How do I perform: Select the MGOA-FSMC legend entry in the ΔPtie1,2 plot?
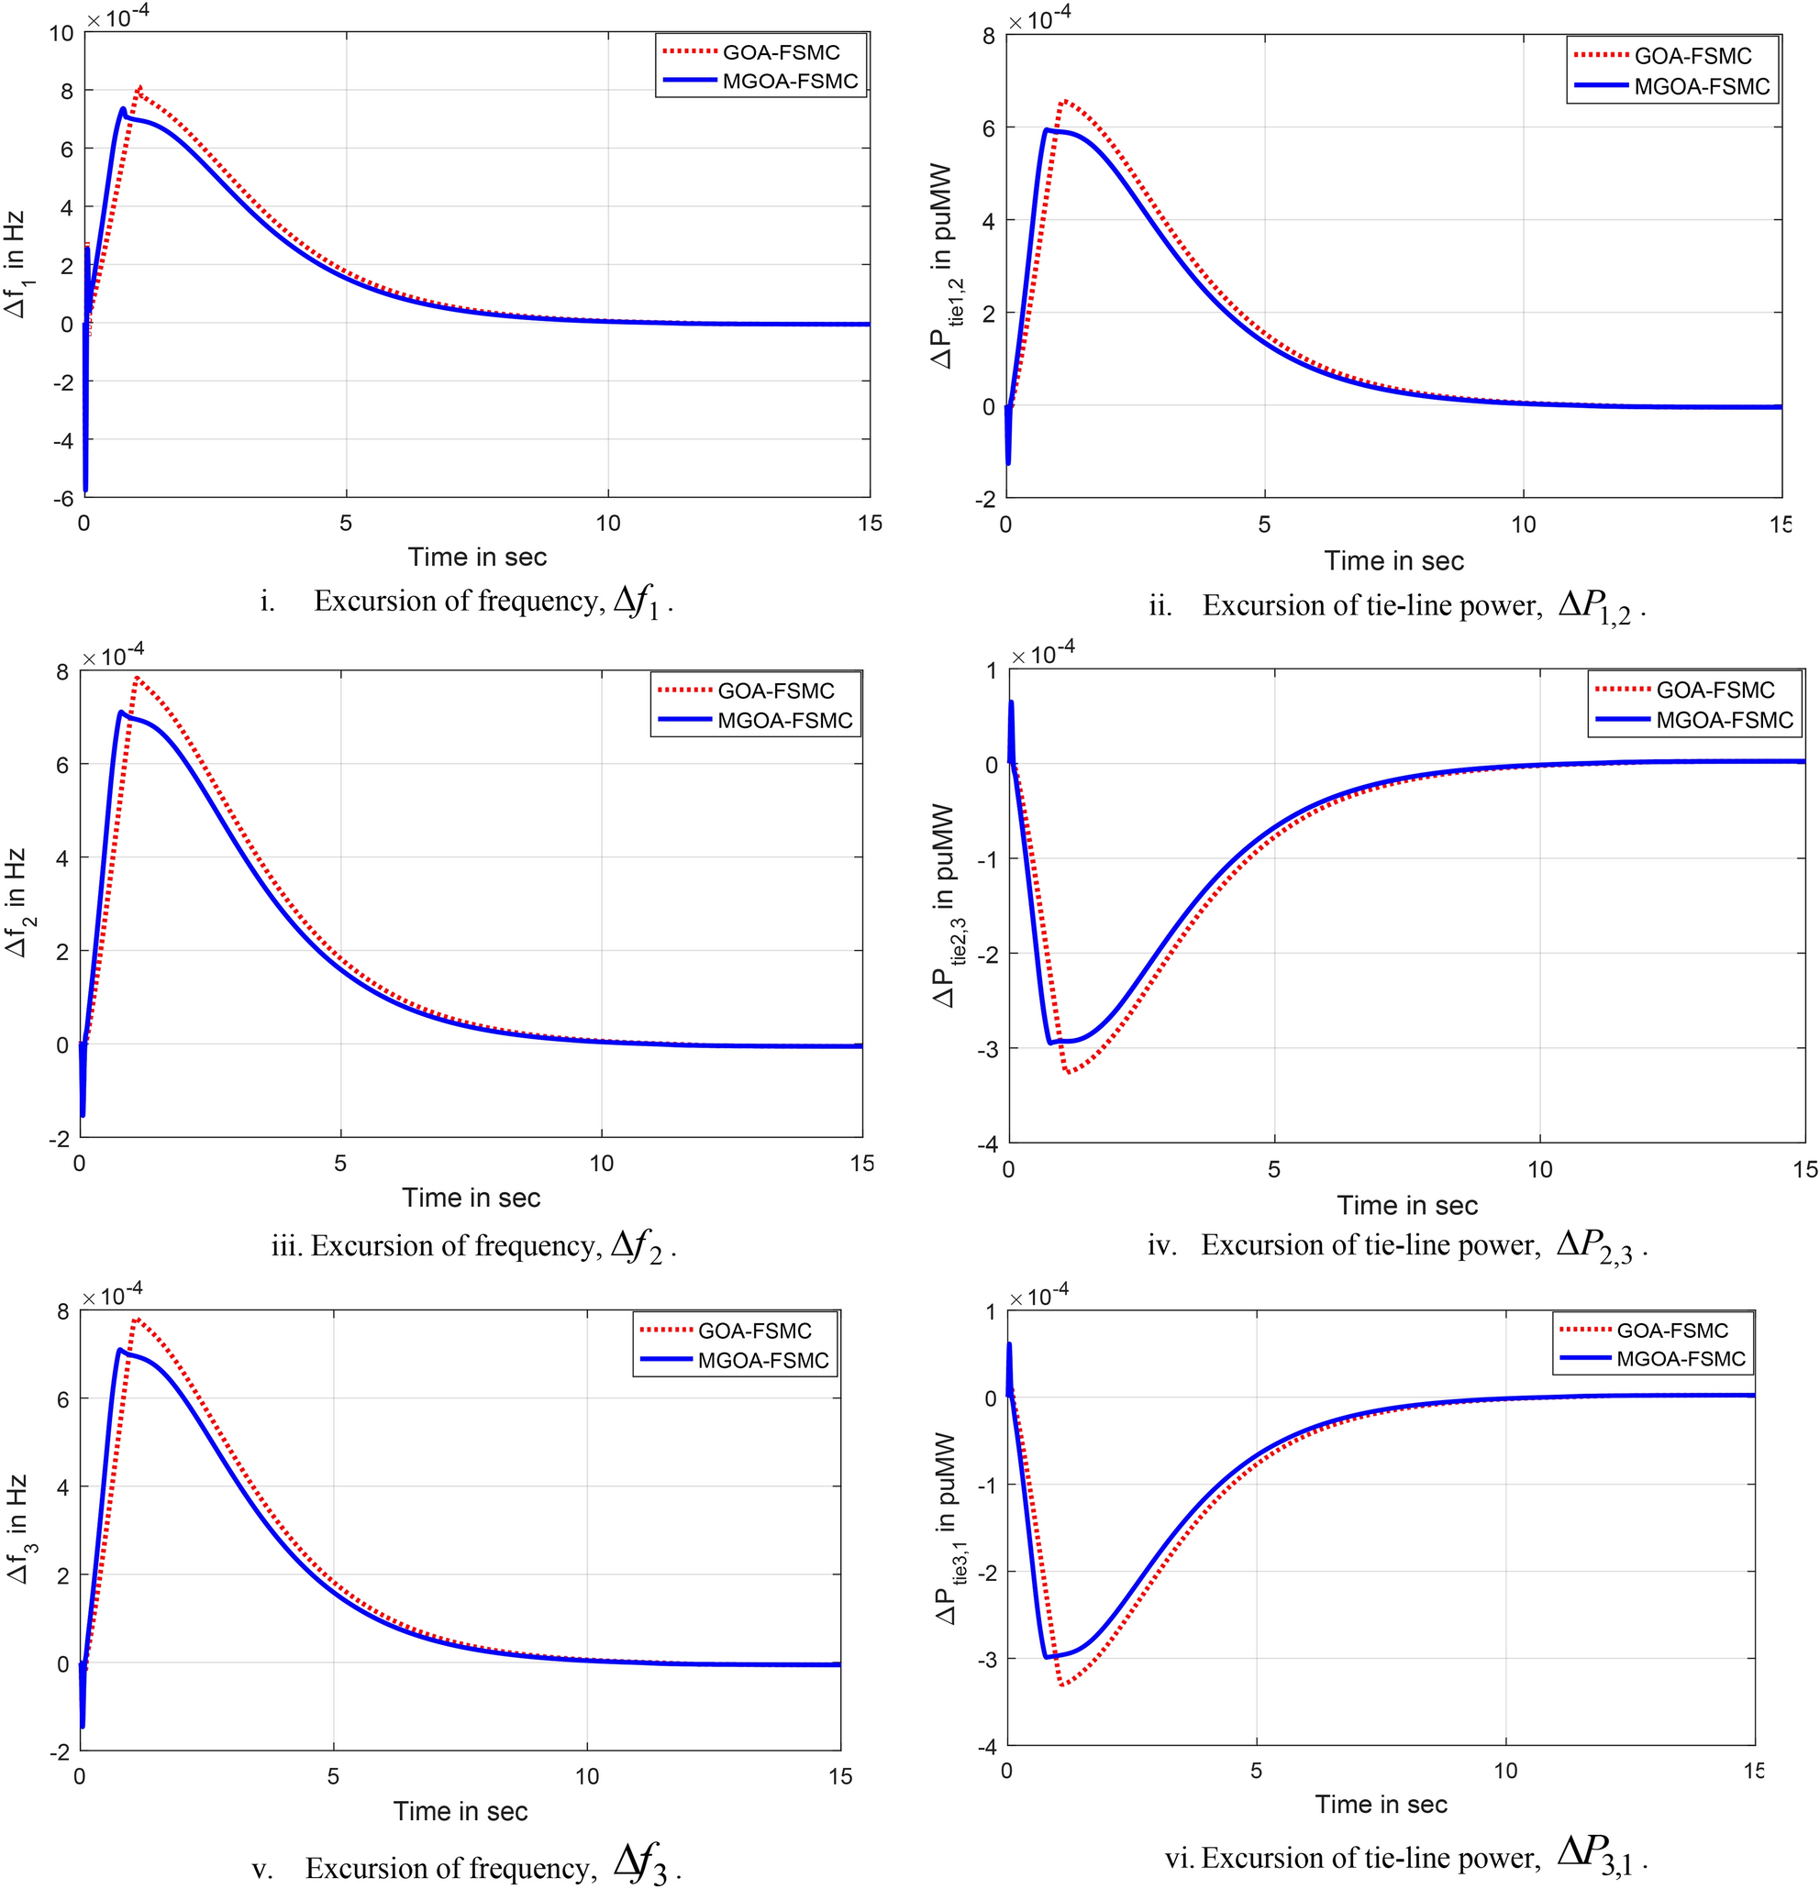point(1672,87)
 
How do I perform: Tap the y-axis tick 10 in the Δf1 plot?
point(61,33)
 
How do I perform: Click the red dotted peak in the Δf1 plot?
point(139,88)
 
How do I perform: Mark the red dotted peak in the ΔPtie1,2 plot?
point(1065,100)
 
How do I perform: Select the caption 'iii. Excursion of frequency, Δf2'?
point(474,1248)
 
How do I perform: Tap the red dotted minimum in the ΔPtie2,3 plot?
point(1068,1072)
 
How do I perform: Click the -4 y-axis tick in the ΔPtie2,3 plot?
point(987,1144)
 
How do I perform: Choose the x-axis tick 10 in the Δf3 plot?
point(587,1775)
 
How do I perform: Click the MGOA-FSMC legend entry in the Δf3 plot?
point(735,1360)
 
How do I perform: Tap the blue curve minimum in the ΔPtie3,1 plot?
point(1047,1657)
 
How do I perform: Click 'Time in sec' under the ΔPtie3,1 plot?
point(1382,1805)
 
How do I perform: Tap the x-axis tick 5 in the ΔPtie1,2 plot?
point(1264,525)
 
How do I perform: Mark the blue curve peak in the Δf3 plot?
point(118,1349)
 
